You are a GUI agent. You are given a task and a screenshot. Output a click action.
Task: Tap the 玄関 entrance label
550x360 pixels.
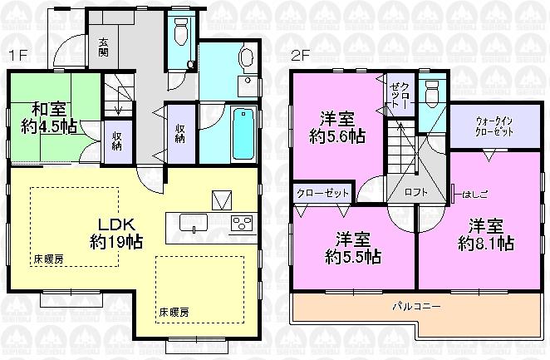coord(103,47)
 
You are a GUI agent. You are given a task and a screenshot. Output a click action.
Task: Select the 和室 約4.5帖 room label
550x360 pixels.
coord(48,117)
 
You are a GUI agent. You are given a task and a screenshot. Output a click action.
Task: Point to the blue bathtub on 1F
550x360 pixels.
coord(243,133)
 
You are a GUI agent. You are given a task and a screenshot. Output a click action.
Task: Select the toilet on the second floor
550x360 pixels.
coord(430,93)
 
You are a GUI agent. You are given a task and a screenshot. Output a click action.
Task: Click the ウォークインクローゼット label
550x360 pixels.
coord(494,125)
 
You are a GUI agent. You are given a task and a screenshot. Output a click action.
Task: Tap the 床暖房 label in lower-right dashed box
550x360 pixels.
coord(174,312)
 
